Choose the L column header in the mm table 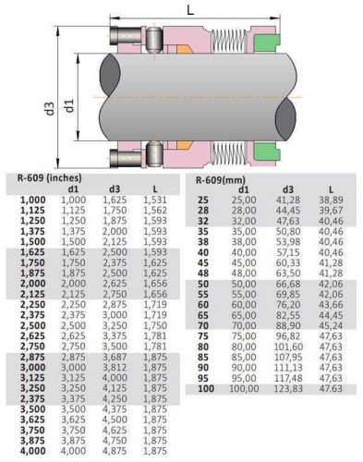click(x=331, y=189)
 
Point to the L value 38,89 click(x=331, y=200)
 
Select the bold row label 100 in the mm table click(x=206, y=390)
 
